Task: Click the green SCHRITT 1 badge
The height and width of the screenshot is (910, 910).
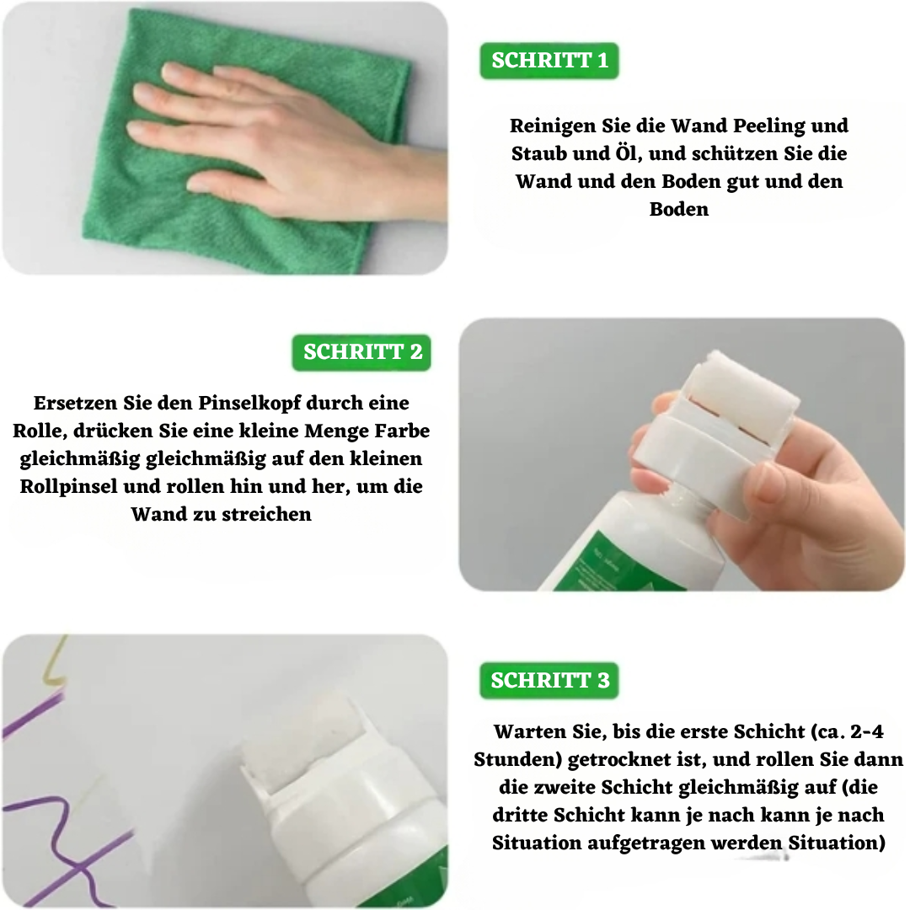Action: click(549, 62)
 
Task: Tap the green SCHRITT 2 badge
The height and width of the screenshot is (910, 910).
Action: click(362, 352)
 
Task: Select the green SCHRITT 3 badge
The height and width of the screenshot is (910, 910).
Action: click(549, 681)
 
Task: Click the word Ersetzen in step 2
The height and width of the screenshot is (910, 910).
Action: click(73, 404)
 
